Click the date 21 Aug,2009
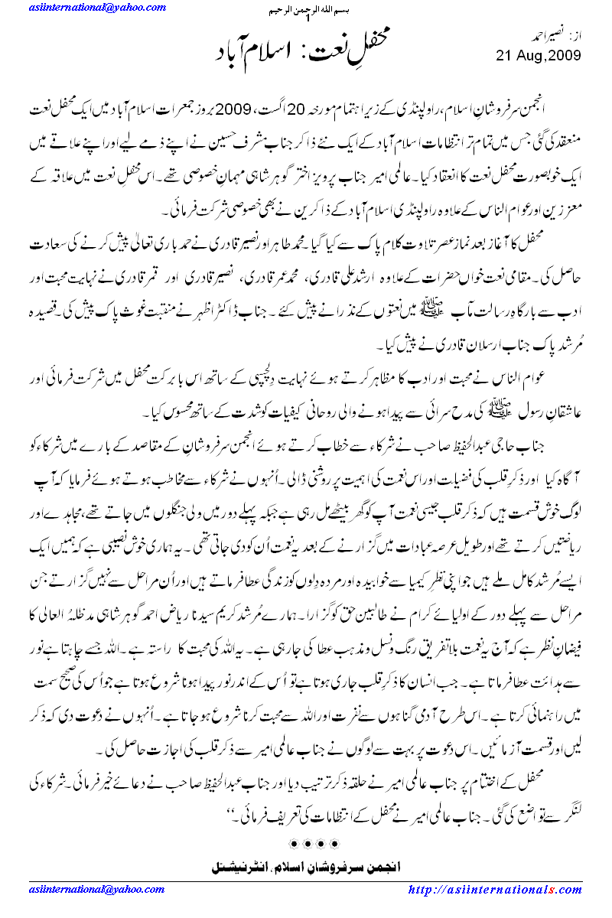(x=539, y=56)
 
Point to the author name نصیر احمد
(x=540, y=35)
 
